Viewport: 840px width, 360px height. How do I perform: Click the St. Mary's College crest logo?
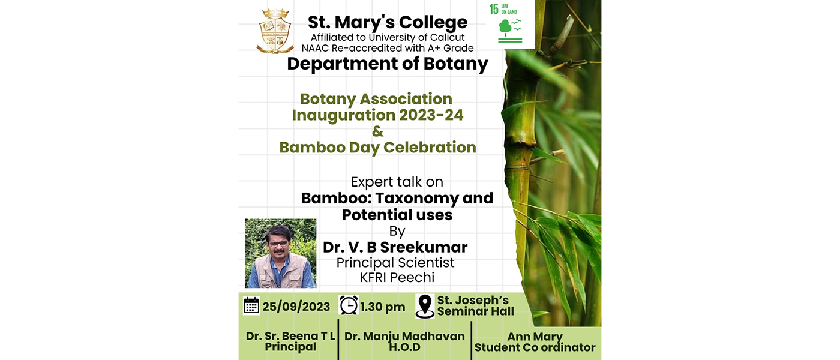275,31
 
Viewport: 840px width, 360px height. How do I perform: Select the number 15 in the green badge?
494,10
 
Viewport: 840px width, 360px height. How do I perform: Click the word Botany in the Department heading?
455,64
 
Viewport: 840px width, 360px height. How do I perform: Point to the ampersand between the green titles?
377,131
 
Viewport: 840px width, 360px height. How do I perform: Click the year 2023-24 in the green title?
431,115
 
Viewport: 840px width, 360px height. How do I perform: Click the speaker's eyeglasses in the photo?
278,244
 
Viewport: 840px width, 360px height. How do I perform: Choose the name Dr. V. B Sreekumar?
395,247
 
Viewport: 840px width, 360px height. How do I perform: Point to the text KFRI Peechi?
397,277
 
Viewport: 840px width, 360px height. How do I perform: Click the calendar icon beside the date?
251,306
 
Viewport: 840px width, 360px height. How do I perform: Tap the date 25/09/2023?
296,307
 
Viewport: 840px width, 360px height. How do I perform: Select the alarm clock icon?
349,305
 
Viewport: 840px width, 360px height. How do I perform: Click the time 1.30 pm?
383,307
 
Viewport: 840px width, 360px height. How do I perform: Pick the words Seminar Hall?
475,311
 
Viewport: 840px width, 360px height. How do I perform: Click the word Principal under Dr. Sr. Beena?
290,347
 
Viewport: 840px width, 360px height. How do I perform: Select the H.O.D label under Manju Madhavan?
404,347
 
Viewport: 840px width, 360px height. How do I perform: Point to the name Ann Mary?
535,337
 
